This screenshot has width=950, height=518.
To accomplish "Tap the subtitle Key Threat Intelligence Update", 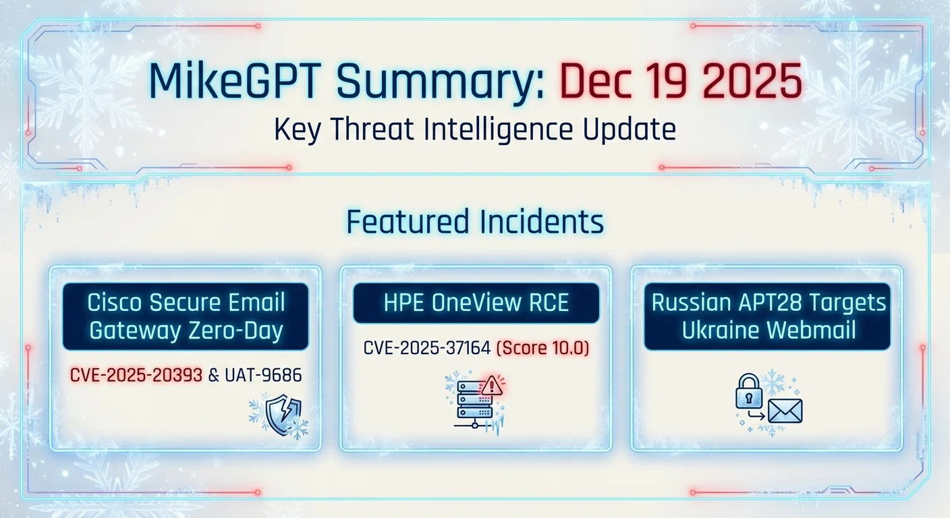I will (x=474, y=129).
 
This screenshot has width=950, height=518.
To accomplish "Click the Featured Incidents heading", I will (x=474, y=222).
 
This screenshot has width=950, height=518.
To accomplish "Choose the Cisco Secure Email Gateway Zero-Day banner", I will (x=186, y=316).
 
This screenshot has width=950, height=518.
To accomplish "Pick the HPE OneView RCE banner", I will (x=476, y=303).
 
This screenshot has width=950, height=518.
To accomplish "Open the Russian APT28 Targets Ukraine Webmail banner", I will (x=768, y=316).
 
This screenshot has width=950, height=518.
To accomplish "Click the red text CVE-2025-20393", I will (x=136, y=375).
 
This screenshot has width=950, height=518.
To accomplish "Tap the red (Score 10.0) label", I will (x=542, y=349).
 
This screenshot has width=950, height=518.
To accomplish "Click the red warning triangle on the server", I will (x=491, y=386).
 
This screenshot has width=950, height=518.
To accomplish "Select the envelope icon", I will (x=784, y=410).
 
